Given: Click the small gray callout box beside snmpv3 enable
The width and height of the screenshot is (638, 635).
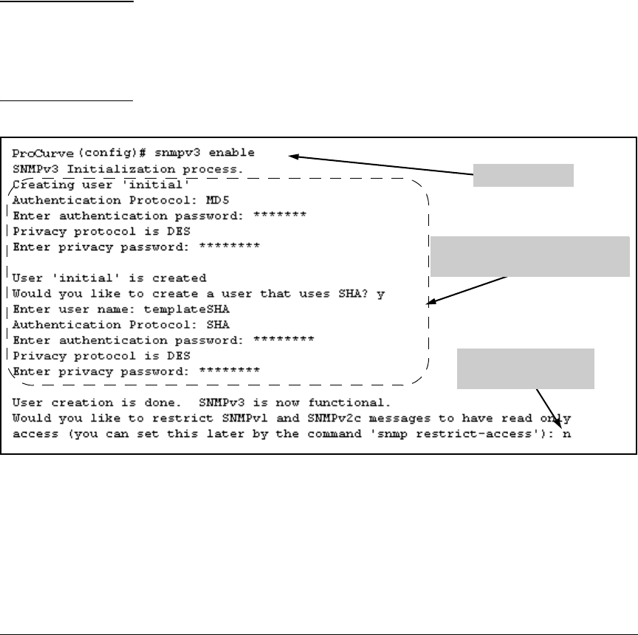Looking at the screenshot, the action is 524,176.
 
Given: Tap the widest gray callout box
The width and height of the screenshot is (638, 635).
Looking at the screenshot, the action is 530,256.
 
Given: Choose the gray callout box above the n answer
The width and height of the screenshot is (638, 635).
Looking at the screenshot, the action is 526,368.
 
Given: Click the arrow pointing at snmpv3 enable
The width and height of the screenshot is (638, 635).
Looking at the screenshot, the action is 380,165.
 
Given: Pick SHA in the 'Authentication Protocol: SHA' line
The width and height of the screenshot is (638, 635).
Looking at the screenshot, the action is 219,324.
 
